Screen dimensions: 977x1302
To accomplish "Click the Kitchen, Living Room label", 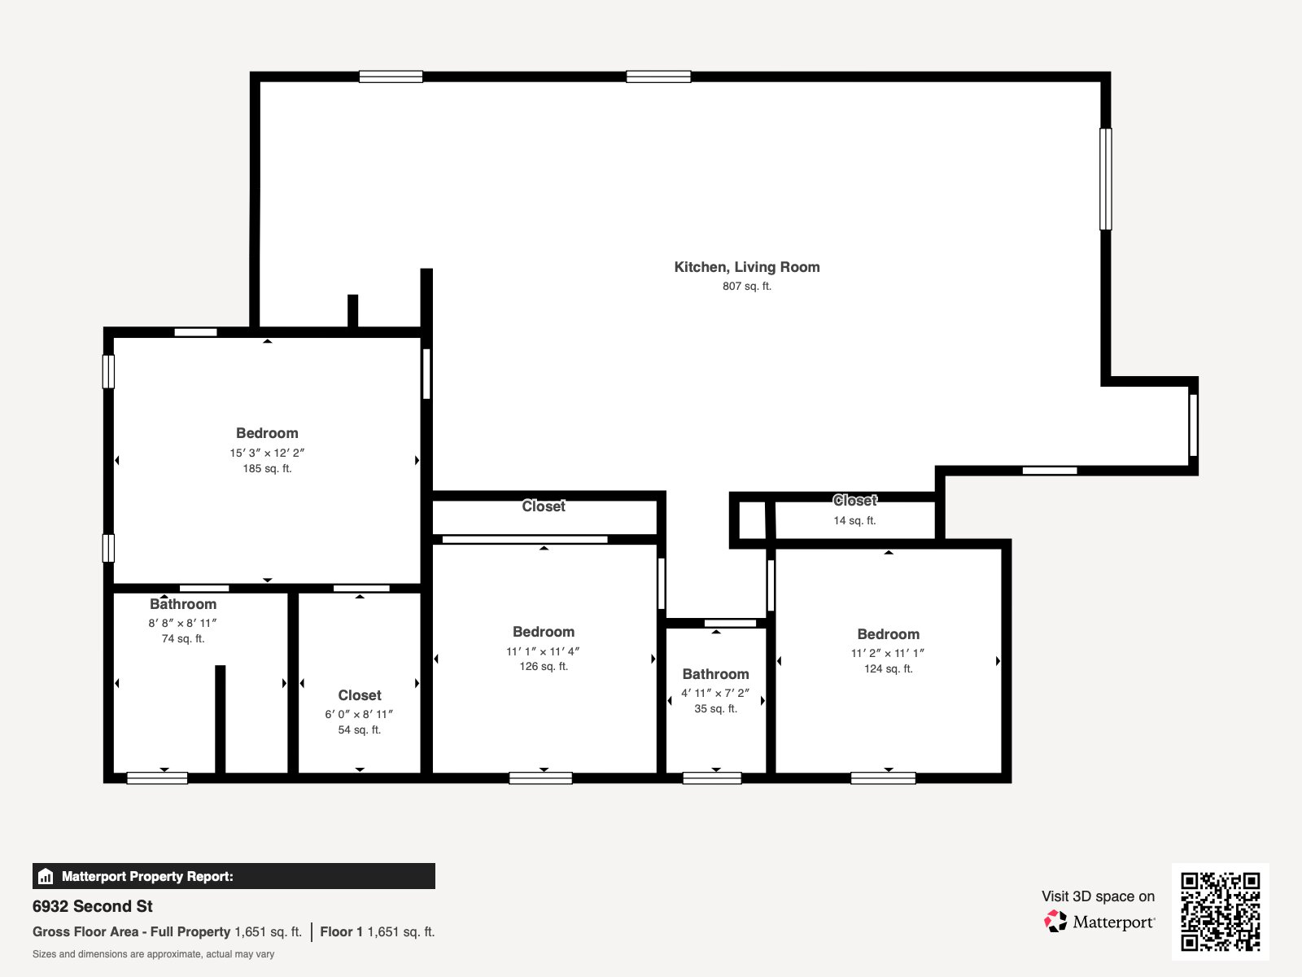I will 746,267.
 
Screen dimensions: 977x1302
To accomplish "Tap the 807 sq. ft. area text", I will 746,287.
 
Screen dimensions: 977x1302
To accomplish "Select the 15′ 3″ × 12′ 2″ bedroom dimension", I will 267,453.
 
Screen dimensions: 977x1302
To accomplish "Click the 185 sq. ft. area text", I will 267,469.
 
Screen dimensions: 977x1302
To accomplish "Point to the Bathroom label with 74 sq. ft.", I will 183,604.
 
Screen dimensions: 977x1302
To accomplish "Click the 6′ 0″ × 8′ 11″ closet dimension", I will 359,714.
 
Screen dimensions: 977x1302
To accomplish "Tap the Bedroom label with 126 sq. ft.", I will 544,632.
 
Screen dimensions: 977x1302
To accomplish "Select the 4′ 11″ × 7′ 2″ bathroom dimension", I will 715,693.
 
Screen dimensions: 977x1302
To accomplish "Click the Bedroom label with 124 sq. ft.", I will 888,634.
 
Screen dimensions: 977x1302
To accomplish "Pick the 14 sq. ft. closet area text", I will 854,521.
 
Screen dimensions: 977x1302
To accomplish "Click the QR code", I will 1220,911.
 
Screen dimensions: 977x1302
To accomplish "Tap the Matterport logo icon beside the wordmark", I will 1055,922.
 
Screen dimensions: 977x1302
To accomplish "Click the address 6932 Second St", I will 93,906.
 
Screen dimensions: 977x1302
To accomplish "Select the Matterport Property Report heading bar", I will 234,876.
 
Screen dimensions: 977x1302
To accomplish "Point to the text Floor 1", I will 341,931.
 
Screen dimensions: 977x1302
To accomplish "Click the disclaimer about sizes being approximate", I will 153,954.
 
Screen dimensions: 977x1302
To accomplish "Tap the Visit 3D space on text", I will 1098,896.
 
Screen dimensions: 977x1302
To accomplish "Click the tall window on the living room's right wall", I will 1105,179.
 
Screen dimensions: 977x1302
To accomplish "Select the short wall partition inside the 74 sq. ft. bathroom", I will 220,718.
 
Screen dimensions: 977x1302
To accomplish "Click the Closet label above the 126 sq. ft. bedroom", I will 544,506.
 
